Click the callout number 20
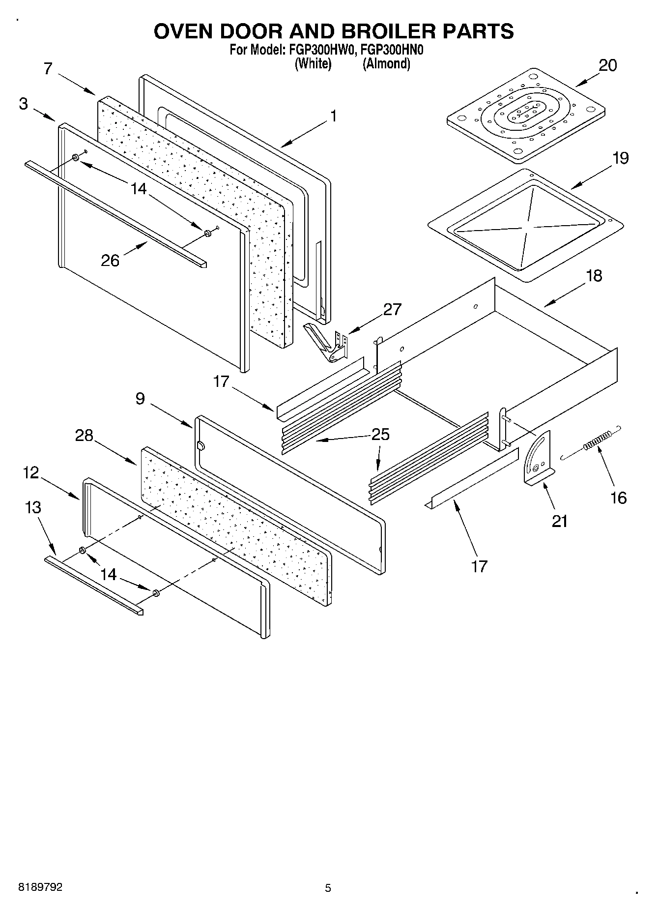607,65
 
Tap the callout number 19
620,158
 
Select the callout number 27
392,309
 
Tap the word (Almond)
386,63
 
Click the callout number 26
110,260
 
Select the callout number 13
33,507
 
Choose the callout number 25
380,435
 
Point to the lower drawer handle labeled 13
93,585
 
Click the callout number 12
30,473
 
